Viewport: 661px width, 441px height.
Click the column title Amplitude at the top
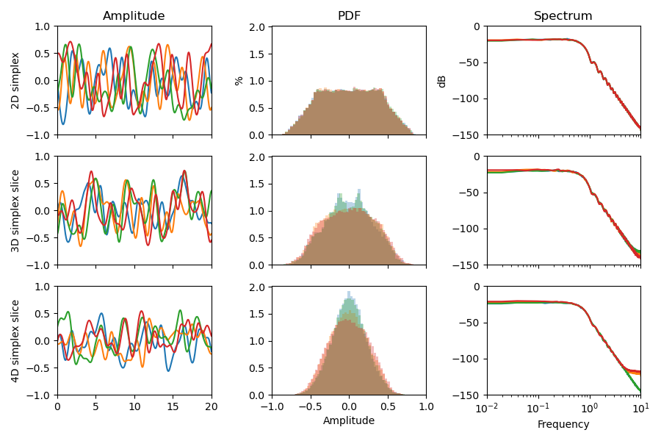coord(134,16)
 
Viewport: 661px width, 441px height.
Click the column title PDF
coord(349,16)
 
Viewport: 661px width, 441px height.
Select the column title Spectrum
coord(563,16)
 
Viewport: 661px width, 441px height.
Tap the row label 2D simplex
coord(16,81)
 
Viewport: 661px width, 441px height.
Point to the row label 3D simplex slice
coord(16,211)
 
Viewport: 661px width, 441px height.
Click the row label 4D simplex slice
coord(16,340)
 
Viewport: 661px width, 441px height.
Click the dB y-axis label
coord(442,81)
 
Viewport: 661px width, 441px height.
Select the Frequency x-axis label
coord(563,424)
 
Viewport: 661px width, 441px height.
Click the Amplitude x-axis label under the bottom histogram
coord(349,421)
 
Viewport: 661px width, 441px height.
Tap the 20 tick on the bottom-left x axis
coord(212,406)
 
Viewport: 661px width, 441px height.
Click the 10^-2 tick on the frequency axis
coord(487,406)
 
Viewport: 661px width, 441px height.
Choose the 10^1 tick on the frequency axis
coord(640,406)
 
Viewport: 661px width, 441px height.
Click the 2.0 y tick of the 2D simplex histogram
coord(258,27)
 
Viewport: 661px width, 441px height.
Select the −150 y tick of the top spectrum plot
coord(467,135)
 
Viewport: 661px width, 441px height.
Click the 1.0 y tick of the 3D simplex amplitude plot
coord(43,157)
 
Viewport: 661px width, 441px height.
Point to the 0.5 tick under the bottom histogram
coord(388,406)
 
